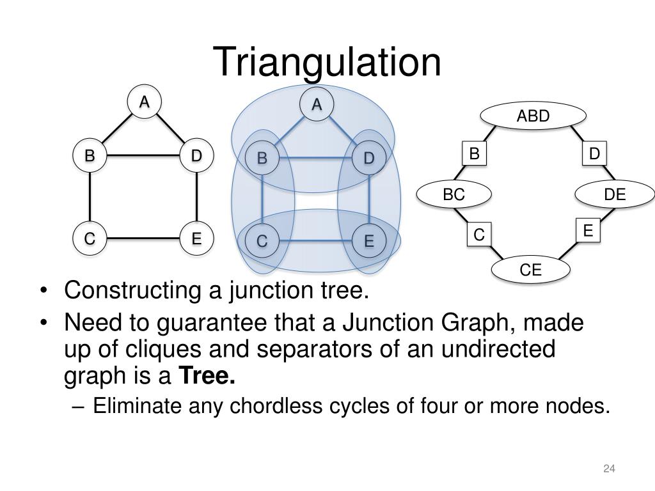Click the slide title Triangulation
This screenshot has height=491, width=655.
(327, 63)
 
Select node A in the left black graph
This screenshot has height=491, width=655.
(145, 102)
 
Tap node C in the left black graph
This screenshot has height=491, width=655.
(90, 239)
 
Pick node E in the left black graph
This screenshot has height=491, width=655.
(196, 239)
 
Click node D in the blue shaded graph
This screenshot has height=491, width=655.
(368, 158)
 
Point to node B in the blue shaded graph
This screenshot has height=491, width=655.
(262, 158)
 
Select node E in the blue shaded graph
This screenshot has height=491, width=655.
(368, 242)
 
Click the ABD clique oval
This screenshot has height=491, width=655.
(533, 116)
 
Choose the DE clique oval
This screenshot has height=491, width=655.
(615, 196)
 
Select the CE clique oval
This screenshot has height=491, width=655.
(530, 270)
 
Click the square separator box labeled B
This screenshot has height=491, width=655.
(474, 154)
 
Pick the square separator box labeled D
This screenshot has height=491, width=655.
(594, 154)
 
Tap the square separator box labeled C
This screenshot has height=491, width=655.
(478, 235)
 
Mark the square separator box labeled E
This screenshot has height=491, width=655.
(588, 230)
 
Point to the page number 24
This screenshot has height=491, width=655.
(608, 470)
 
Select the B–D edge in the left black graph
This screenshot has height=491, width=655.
(143, 155)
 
